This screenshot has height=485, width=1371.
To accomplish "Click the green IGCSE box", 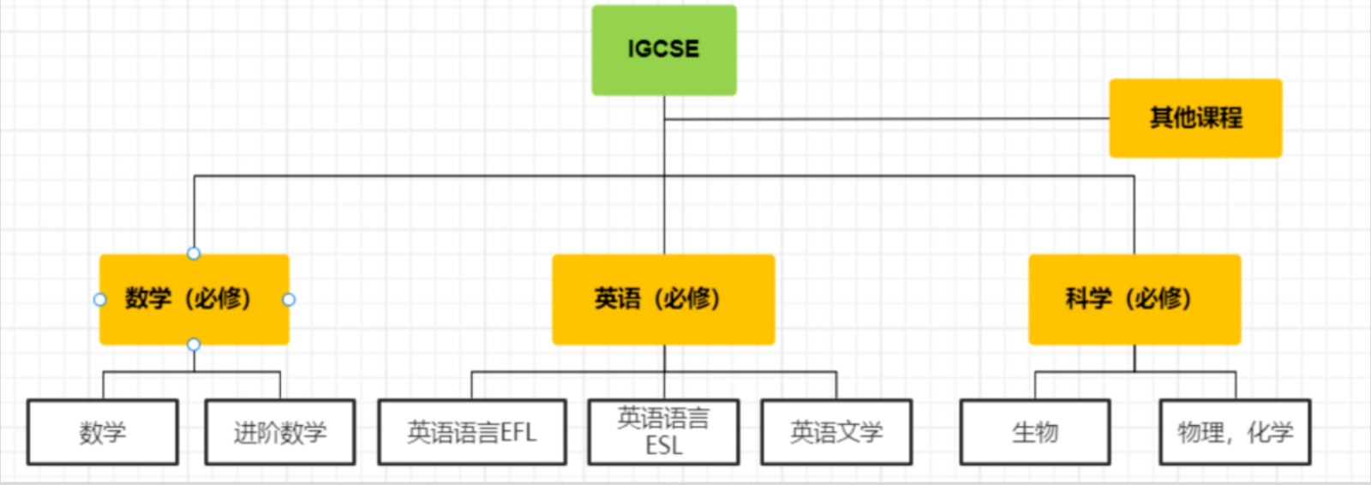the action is tap(664, 51).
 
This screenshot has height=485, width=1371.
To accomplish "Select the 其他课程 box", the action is tap(1195, 118).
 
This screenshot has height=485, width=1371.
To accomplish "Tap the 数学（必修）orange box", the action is tap(194, 299).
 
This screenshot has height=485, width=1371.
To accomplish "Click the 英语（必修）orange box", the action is tap(663, 299).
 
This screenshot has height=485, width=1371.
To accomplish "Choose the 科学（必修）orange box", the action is tap(1135, 299).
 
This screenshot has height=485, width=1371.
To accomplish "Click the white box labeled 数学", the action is tap(103, 433).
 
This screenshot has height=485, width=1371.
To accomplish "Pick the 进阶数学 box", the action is tap(280, 433).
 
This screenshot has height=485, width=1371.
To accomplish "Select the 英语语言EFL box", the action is tap(472, 433).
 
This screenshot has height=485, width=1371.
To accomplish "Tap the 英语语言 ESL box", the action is tap(664, 433).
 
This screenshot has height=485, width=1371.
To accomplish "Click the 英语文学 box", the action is tap(836, 433).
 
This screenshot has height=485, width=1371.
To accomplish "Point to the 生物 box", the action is tap(1035, 433).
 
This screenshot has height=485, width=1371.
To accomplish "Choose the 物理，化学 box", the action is tap(1235, 433).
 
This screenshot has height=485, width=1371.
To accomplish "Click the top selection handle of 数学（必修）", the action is tap(194, 254).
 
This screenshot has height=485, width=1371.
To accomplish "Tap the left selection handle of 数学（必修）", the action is tap(99, 299).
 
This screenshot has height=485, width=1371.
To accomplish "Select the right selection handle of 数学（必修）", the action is tap(289, 299).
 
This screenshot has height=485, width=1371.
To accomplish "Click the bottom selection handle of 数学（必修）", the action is tap(194, 344).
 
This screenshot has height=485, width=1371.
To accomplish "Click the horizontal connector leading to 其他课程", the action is tap(887, 119).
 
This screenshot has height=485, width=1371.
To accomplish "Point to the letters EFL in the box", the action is tap(518, 433).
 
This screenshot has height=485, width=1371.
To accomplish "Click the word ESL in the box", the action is tap(664, 446).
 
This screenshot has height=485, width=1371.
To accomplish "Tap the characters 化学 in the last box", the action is tap(1271, 433).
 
